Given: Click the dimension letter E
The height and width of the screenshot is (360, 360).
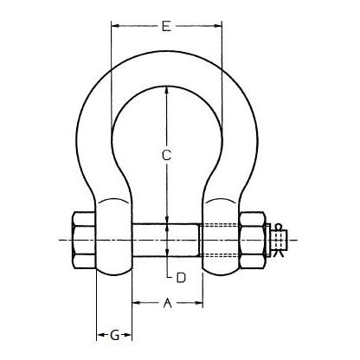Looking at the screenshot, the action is tap(166, 26).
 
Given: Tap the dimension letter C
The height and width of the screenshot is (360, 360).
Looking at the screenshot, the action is tap(166, 155).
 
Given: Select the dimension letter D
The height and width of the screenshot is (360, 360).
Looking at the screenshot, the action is tap(181, 278).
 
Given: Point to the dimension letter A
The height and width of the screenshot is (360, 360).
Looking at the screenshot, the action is tap(167, 303).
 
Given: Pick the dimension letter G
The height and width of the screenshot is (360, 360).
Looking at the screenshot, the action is tap(114, 335).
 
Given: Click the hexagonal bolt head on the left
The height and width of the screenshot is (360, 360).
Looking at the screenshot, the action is tap(83, 241).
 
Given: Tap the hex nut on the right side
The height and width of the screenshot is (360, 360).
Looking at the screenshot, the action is tap(252, 241).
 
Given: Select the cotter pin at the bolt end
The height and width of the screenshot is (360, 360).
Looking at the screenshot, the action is tap(280, 241).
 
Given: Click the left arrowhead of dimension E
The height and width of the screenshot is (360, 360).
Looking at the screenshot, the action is tap(115, 26).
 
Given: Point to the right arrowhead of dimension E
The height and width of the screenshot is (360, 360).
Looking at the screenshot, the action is tap(218, 26).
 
